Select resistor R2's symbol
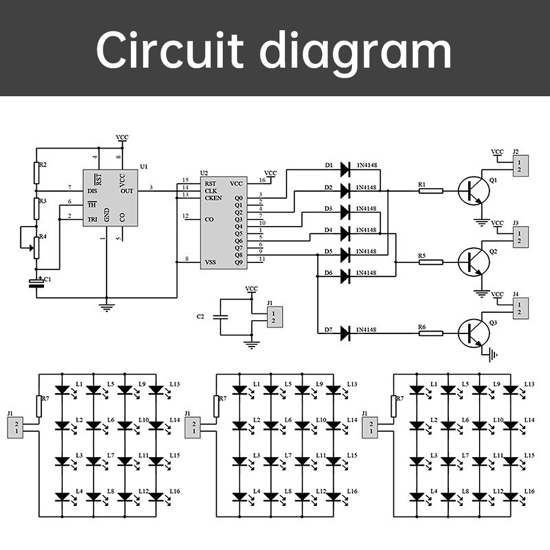[x=37, y=173]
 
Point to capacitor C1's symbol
[x=37, y=283]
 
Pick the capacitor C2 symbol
[x=220, y=317]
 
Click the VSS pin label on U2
[x=210, y=262]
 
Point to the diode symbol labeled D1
[x=345, y=169]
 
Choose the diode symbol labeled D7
[x=345, y=333]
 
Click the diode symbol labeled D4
[x=345, y=234]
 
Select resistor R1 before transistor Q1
[x=431, y=191]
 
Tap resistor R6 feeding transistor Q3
[x=431, y=333]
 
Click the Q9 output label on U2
[x=238, y=262]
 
